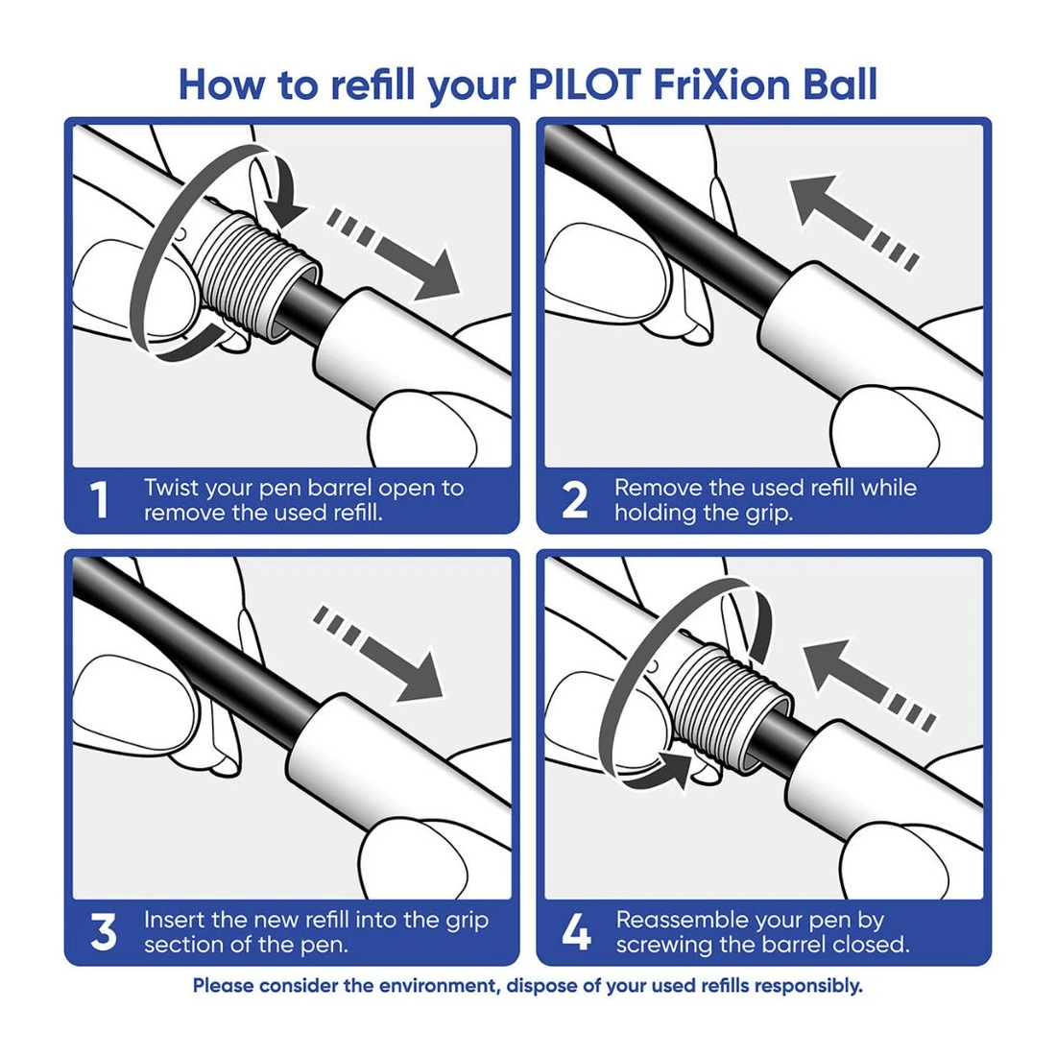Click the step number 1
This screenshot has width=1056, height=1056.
click(x=99, y=500)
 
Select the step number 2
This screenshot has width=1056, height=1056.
click(x=574, y=500)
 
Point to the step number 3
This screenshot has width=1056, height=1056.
click(x=103, y=932)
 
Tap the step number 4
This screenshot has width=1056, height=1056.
click(x=576, y=932)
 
